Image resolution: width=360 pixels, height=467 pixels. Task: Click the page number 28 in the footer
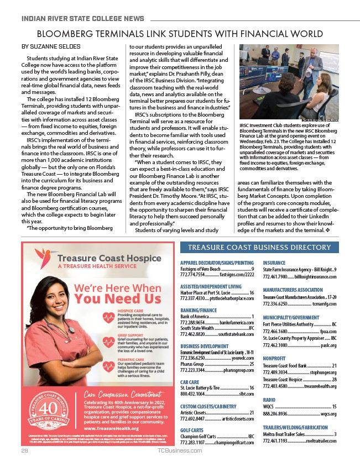tap(24, 450)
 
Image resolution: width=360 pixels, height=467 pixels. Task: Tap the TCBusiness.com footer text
tap(180, 450)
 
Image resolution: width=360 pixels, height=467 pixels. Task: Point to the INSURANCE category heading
tap(274, 263)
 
